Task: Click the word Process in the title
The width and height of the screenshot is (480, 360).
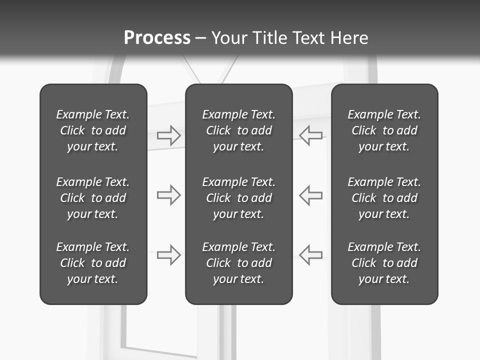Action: click(157, 38)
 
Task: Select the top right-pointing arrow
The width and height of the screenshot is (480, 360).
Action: click(168, 135)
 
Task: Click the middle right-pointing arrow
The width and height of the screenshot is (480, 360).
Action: click(168, 195)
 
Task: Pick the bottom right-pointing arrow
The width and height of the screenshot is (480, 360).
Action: click(168, 254)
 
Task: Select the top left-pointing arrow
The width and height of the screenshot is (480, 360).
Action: click(311, 135)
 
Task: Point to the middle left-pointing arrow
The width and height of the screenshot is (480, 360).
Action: click(311, 195)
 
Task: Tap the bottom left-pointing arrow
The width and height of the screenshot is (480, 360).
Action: click(311, 254)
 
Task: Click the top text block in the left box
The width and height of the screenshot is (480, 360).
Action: click(93, 130)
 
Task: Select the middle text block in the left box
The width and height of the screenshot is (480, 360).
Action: click(93, 198)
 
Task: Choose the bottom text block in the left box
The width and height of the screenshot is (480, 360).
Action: click(93, 263)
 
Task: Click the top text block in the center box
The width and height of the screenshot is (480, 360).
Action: click(239, 130)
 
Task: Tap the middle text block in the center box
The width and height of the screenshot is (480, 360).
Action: click(239, 198)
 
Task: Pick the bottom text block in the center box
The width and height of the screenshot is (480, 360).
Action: click(239, 263)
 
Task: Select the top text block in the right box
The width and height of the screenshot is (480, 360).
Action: click(384, 130)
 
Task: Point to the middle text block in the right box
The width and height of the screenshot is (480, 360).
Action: click(384, 198)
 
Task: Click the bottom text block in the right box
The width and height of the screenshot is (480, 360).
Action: click(384, 263)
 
